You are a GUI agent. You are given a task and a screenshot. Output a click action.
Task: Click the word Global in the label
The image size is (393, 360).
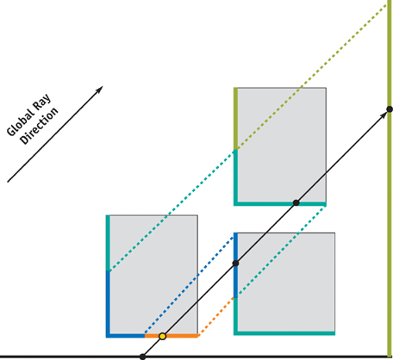point(21,122)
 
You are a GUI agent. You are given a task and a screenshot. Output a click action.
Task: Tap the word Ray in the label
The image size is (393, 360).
point(42,102)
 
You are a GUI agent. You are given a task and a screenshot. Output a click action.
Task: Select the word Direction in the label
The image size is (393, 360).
point(39,127)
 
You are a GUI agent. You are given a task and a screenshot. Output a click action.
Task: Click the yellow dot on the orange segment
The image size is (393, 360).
point(163,336)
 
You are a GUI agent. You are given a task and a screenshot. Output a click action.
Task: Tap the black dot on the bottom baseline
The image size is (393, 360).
point(142,357)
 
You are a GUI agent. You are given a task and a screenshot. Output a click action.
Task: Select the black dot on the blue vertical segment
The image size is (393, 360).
point(235,264)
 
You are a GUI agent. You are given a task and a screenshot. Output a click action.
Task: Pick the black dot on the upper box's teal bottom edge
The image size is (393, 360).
point(296,203)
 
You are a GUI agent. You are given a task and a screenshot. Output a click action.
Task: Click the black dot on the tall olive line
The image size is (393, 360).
point(390,109)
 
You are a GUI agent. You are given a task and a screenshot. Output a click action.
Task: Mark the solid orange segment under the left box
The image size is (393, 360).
point(171,336)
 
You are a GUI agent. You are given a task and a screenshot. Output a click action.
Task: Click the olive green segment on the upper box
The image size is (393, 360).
point(235,118)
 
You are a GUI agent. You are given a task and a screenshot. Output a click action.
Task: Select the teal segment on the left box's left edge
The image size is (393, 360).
point(108,243)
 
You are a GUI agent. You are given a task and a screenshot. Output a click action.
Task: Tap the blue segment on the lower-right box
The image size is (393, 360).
point(235,265)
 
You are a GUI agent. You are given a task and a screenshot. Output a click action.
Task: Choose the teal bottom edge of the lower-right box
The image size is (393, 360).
point(284,333)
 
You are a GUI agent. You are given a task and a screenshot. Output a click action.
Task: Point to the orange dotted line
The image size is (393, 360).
point(216,316)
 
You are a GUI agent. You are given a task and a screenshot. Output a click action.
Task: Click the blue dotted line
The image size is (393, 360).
point(190,285)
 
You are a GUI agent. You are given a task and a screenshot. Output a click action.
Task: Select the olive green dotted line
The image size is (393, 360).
point(312,77)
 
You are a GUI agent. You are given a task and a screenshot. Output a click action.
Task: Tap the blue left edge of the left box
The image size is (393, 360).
point(108,303)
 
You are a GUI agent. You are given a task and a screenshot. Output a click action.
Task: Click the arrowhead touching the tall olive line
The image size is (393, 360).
point(384,115)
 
